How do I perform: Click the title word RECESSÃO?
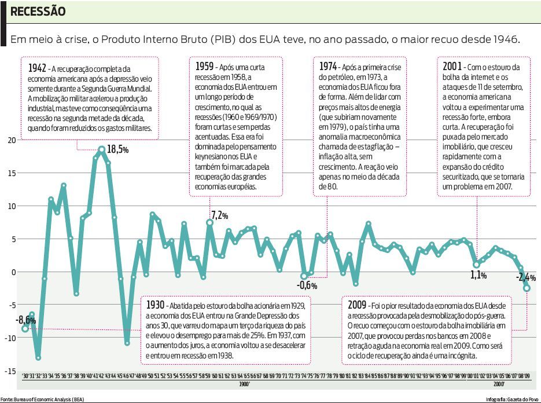tap(38, 12)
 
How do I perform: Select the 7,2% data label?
tap(220, 215)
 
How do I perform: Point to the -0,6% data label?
tap(307, 285)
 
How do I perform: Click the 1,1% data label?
tap(479, 275)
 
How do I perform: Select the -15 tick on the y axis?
tap(11, 371)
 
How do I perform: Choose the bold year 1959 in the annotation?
tap(203, 65)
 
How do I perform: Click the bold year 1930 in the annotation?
tap(155, 305)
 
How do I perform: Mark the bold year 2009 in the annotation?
tap(357, 305)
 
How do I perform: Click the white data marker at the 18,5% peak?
tap(102, 150)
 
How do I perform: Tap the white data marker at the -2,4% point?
tap(527, 288)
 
